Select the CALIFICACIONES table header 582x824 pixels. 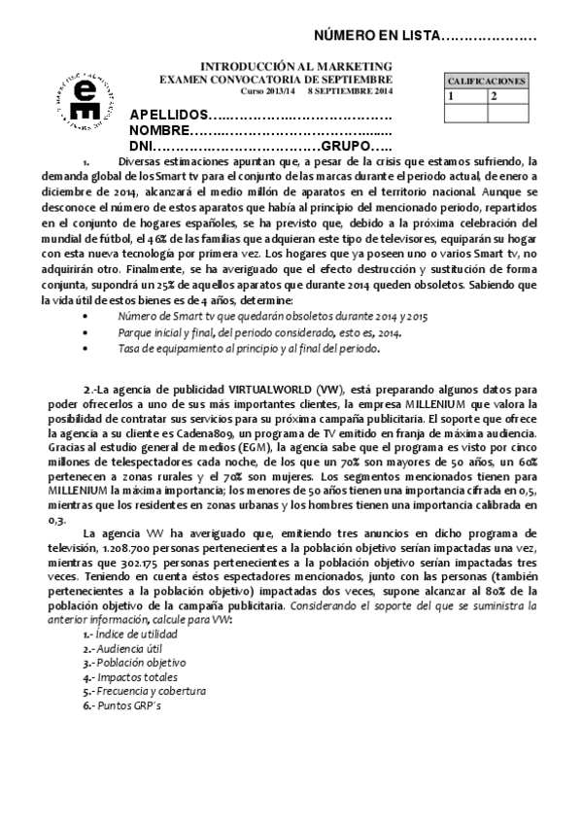pyautogui.click(x=486, y=82)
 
